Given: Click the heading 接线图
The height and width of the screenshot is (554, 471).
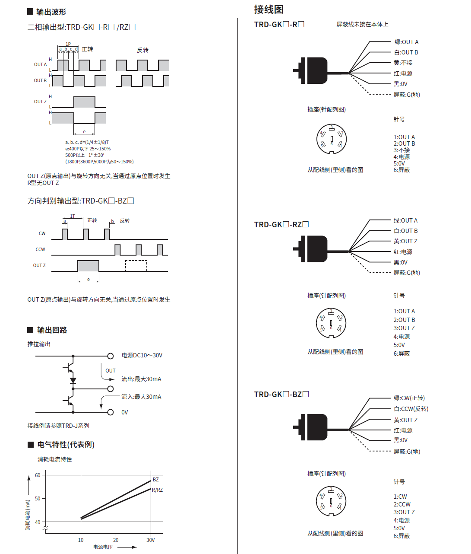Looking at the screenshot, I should (x=269, y=9).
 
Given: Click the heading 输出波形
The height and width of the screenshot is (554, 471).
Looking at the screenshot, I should (x=51, y=12).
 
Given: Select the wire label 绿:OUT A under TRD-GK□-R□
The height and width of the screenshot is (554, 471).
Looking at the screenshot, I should (x=406, y=42).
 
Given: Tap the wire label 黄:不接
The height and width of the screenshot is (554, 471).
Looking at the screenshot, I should (x=403, y=63).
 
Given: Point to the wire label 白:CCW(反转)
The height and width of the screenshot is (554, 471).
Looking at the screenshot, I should (x=411, y=409).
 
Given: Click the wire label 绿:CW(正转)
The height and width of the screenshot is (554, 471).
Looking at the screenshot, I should (x=409, y=398).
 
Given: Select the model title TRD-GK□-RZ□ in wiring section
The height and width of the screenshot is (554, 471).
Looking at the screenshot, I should (x=281, y=224).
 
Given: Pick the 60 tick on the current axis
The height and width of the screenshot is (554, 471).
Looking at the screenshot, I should (x=38, y=475).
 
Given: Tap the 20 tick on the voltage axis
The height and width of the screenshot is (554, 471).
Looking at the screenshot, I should (x=116, y=540).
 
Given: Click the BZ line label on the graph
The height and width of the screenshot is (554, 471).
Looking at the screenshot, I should (x=156, y=479).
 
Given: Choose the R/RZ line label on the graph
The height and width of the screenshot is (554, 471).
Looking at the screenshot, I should (x=157, y=490).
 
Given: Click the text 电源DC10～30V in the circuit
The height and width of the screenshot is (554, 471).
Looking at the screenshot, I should (x=142, y=355).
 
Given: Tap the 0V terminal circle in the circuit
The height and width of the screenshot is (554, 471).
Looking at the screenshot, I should (x=111, y=412).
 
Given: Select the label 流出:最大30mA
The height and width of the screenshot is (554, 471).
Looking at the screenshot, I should (x=141, y=379).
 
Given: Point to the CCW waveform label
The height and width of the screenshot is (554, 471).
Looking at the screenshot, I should (x=40, y=249).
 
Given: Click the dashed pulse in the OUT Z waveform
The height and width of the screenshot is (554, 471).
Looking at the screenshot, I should (x=136, y=266).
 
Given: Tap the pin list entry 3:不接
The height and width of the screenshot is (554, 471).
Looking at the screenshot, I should (x=401, y=150).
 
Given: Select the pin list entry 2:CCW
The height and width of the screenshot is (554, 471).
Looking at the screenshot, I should (x=402, y=504).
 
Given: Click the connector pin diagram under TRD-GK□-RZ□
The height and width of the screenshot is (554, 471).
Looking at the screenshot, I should (x=331, y=323).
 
